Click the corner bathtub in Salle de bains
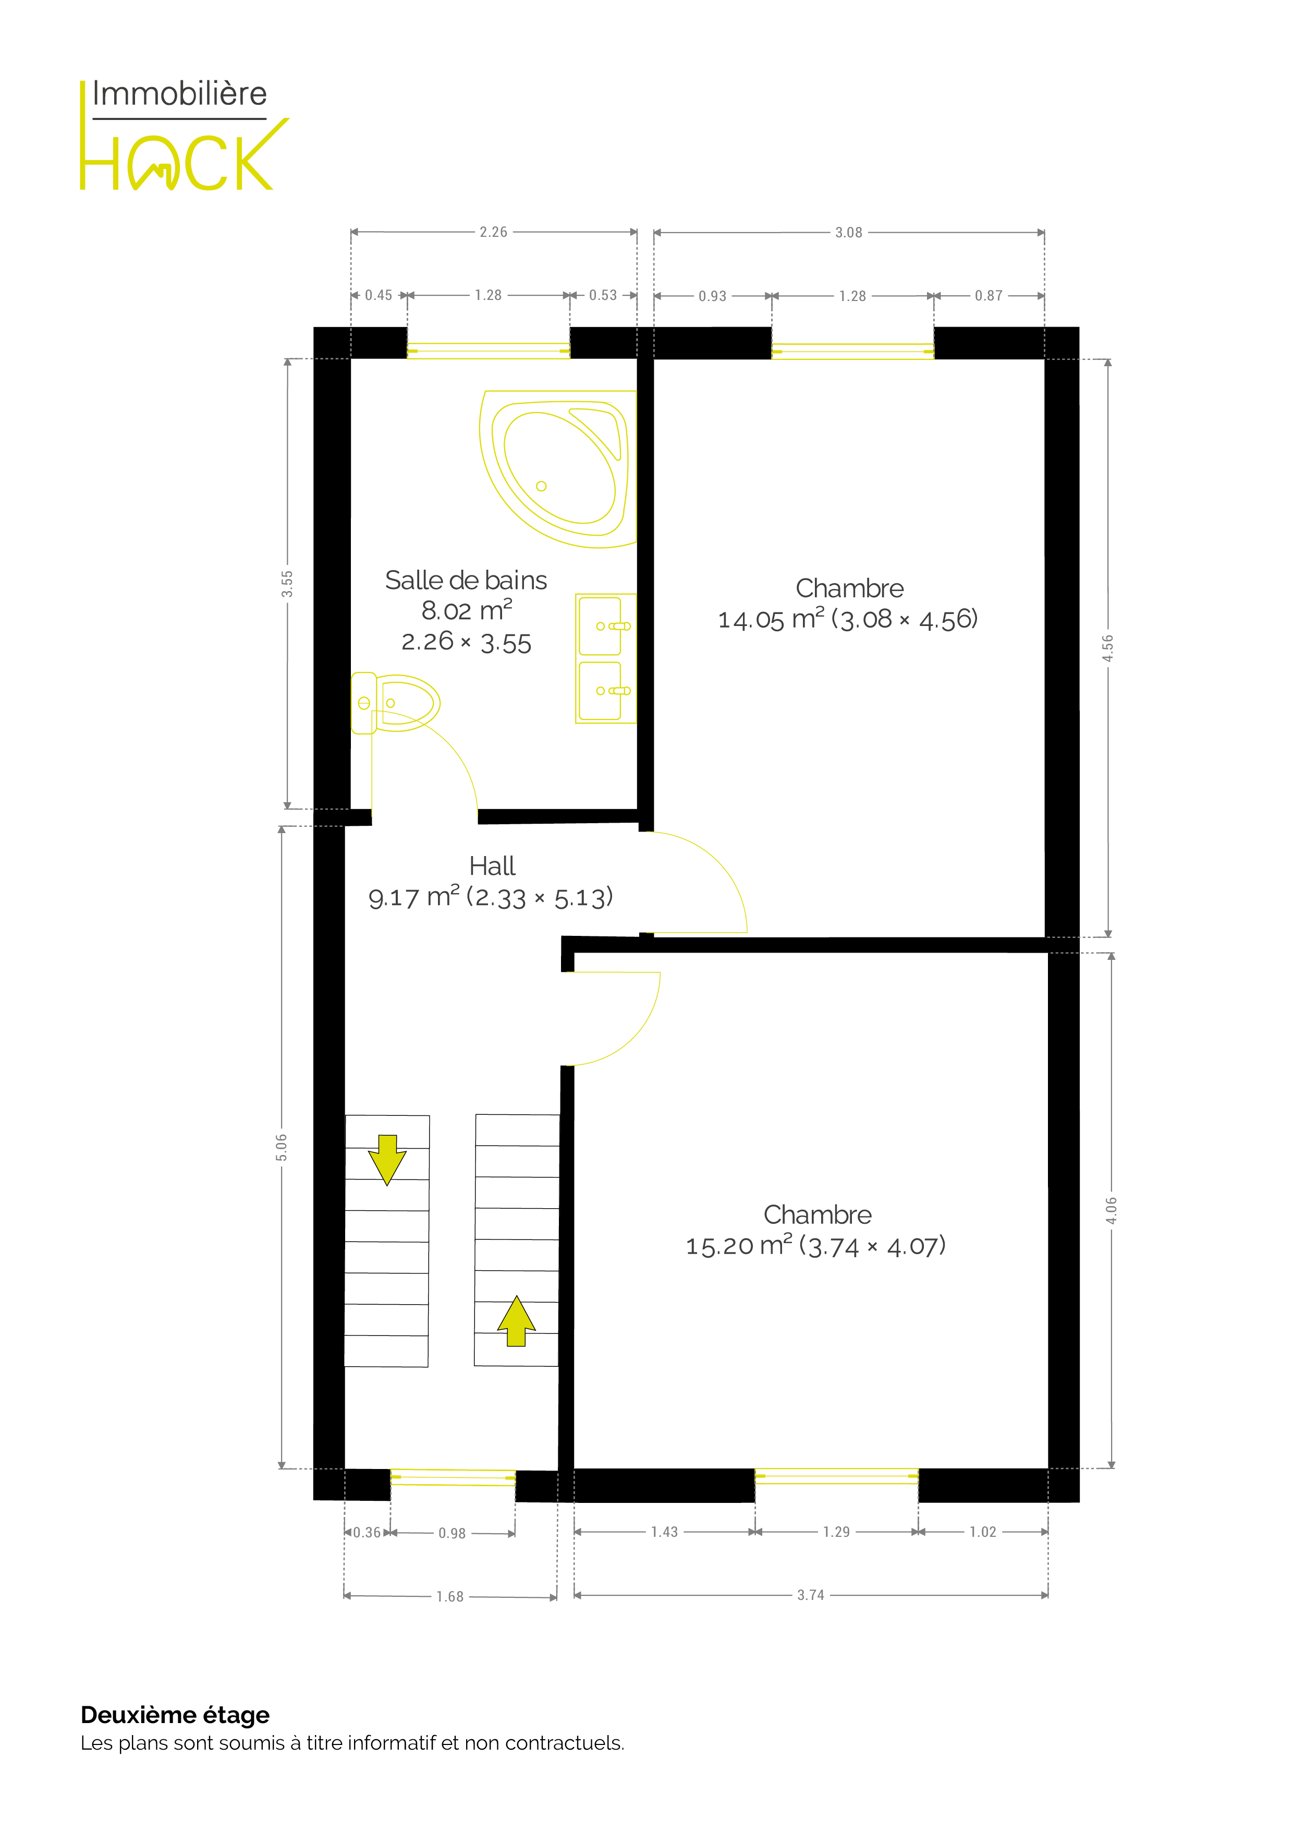point(558,468)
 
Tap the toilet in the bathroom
point(395,703)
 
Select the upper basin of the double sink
point(601,625)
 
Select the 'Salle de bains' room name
point(466,580)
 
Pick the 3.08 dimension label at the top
point(848,233)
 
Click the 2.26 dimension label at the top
point(493,232)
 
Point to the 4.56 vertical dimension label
point(1107,648)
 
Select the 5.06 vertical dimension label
point(281,1147)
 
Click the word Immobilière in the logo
point(179,94)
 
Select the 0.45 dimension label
point(379,296)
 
